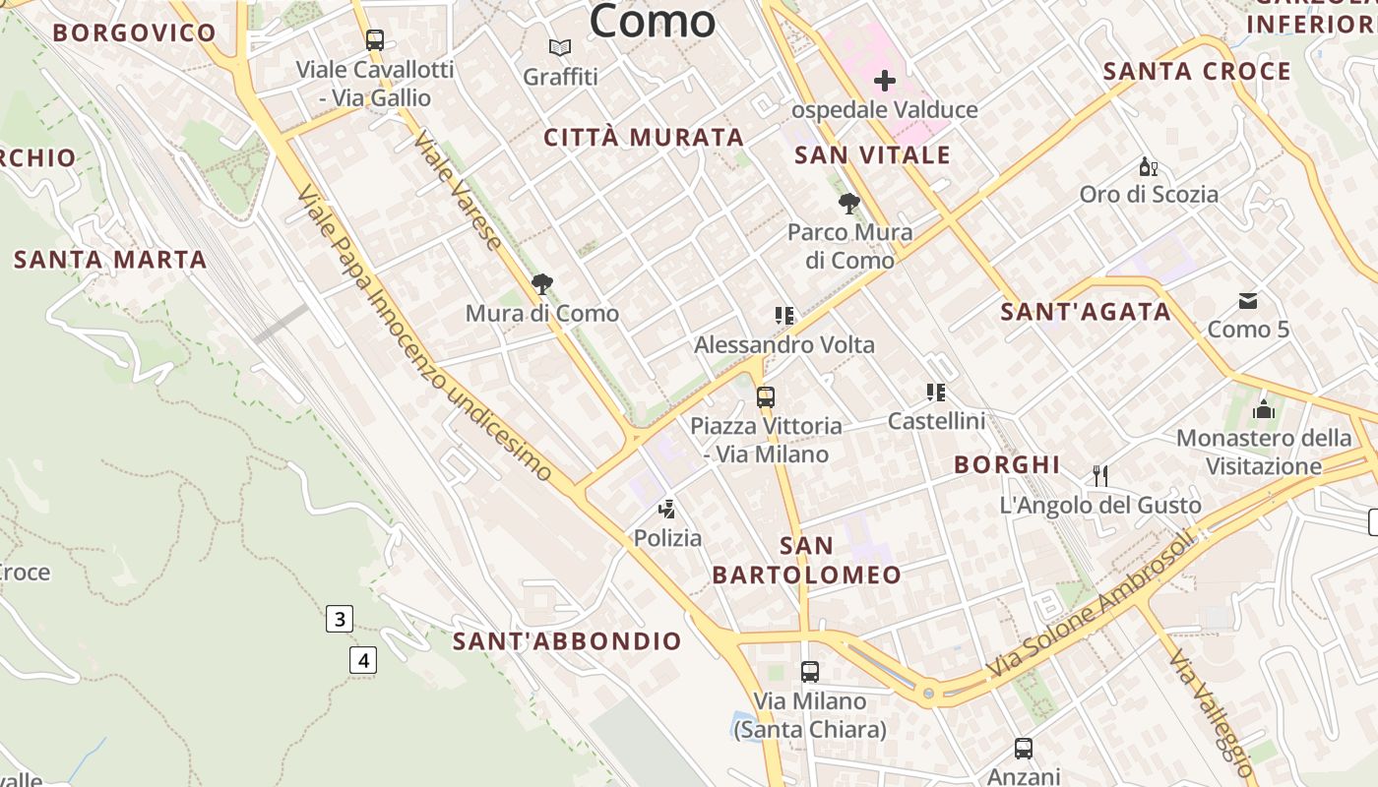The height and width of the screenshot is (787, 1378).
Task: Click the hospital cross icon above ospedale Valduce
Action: coord(885,81)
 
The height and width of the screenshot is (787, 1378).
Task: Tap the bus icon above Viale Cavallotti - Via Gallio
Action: coord(375,40)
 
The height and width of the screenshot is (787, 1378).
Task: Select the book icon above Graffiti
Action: coord(560,47)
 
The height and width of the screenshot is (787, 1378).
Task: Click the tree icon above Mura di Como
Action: coord(541,285)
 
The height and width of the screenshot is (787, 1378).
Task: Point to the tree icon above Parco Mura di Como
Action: coord(848,205)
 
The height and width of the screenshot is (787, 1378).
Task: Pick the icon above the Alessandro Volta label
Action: coord(784,316)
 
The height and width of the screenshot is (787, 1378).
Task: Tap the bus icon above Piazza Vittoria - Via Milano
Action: coord(766,397)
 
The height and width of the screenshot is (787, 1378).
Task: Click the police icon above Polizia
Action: coord(667,510)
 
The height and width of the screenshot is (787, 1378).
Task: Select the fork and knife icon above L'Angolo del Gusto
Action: coord(1100,476)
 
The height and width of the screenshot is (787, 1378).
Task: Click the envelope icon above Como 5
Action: coord(1248,300)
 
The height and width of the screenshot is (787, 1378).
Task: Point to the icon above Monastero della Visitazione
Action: coord(1264,408)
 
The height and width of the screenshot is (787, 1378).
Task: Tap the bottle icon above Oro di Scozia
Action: coord(1147,166)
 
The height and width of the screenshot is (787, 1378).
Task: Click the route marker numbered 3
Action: coord(340,619)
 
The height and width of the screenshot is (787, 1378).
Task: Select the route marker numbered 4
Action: coord(363,660)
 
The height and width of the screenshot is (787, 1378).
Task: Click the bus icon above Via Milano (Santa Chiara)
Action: coord(810,672)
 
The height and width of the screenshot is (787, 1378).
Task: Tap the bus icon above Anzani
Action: coord(1024,749)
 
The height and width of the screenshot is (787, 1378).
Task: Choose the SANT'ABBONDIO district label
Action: coord(567,641)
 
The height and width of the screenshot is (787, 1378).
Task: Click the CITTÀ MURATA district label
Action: coord(644,138)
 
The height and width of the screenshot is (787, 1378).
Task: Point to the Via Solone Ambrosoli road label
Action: coord(1093,605)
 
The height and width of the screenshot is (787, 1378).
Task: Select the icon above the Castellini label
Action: coord(936,393)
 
